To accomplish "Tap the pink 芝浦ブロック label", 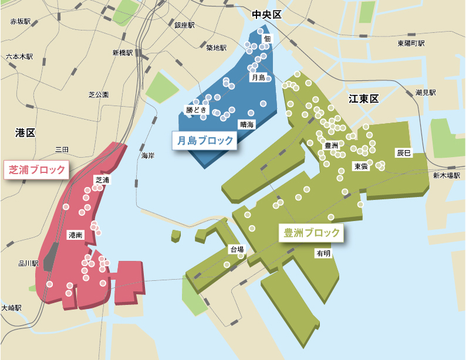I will tap(36, 170).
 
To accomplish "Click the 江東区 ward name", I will tap(364, 99).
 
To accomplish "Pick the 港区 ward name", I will tap(26, 133).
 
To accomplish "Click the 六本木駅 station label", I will tap(20, 57).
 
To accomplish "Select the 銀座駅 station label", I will tap(184, 25).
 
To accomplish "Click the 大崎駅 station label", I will tap(12, 307).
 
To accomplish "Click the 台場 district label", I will tap(237, 250).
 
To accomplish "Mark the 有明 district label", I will tap(323, 253).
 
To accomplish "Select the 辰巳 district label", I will tap(404, 152).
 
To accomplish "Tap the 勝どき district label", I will tap(197, 110).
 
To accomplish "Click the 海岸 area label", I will tap(147, 156).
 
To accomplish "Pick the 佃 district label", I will tap(268, 39).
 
